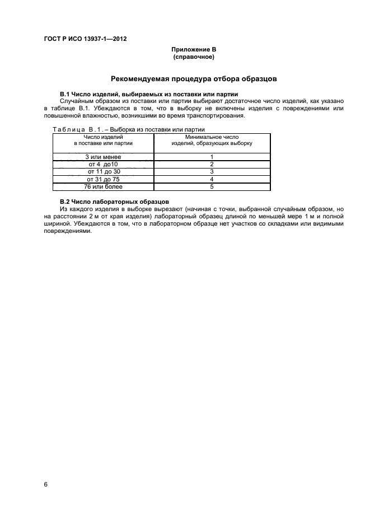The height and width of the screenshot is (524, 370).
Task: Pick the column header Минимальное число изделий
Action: (x=212, y=140)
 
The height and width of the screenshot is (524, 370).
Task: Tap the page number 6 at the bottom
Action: (x=45, y=484)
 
